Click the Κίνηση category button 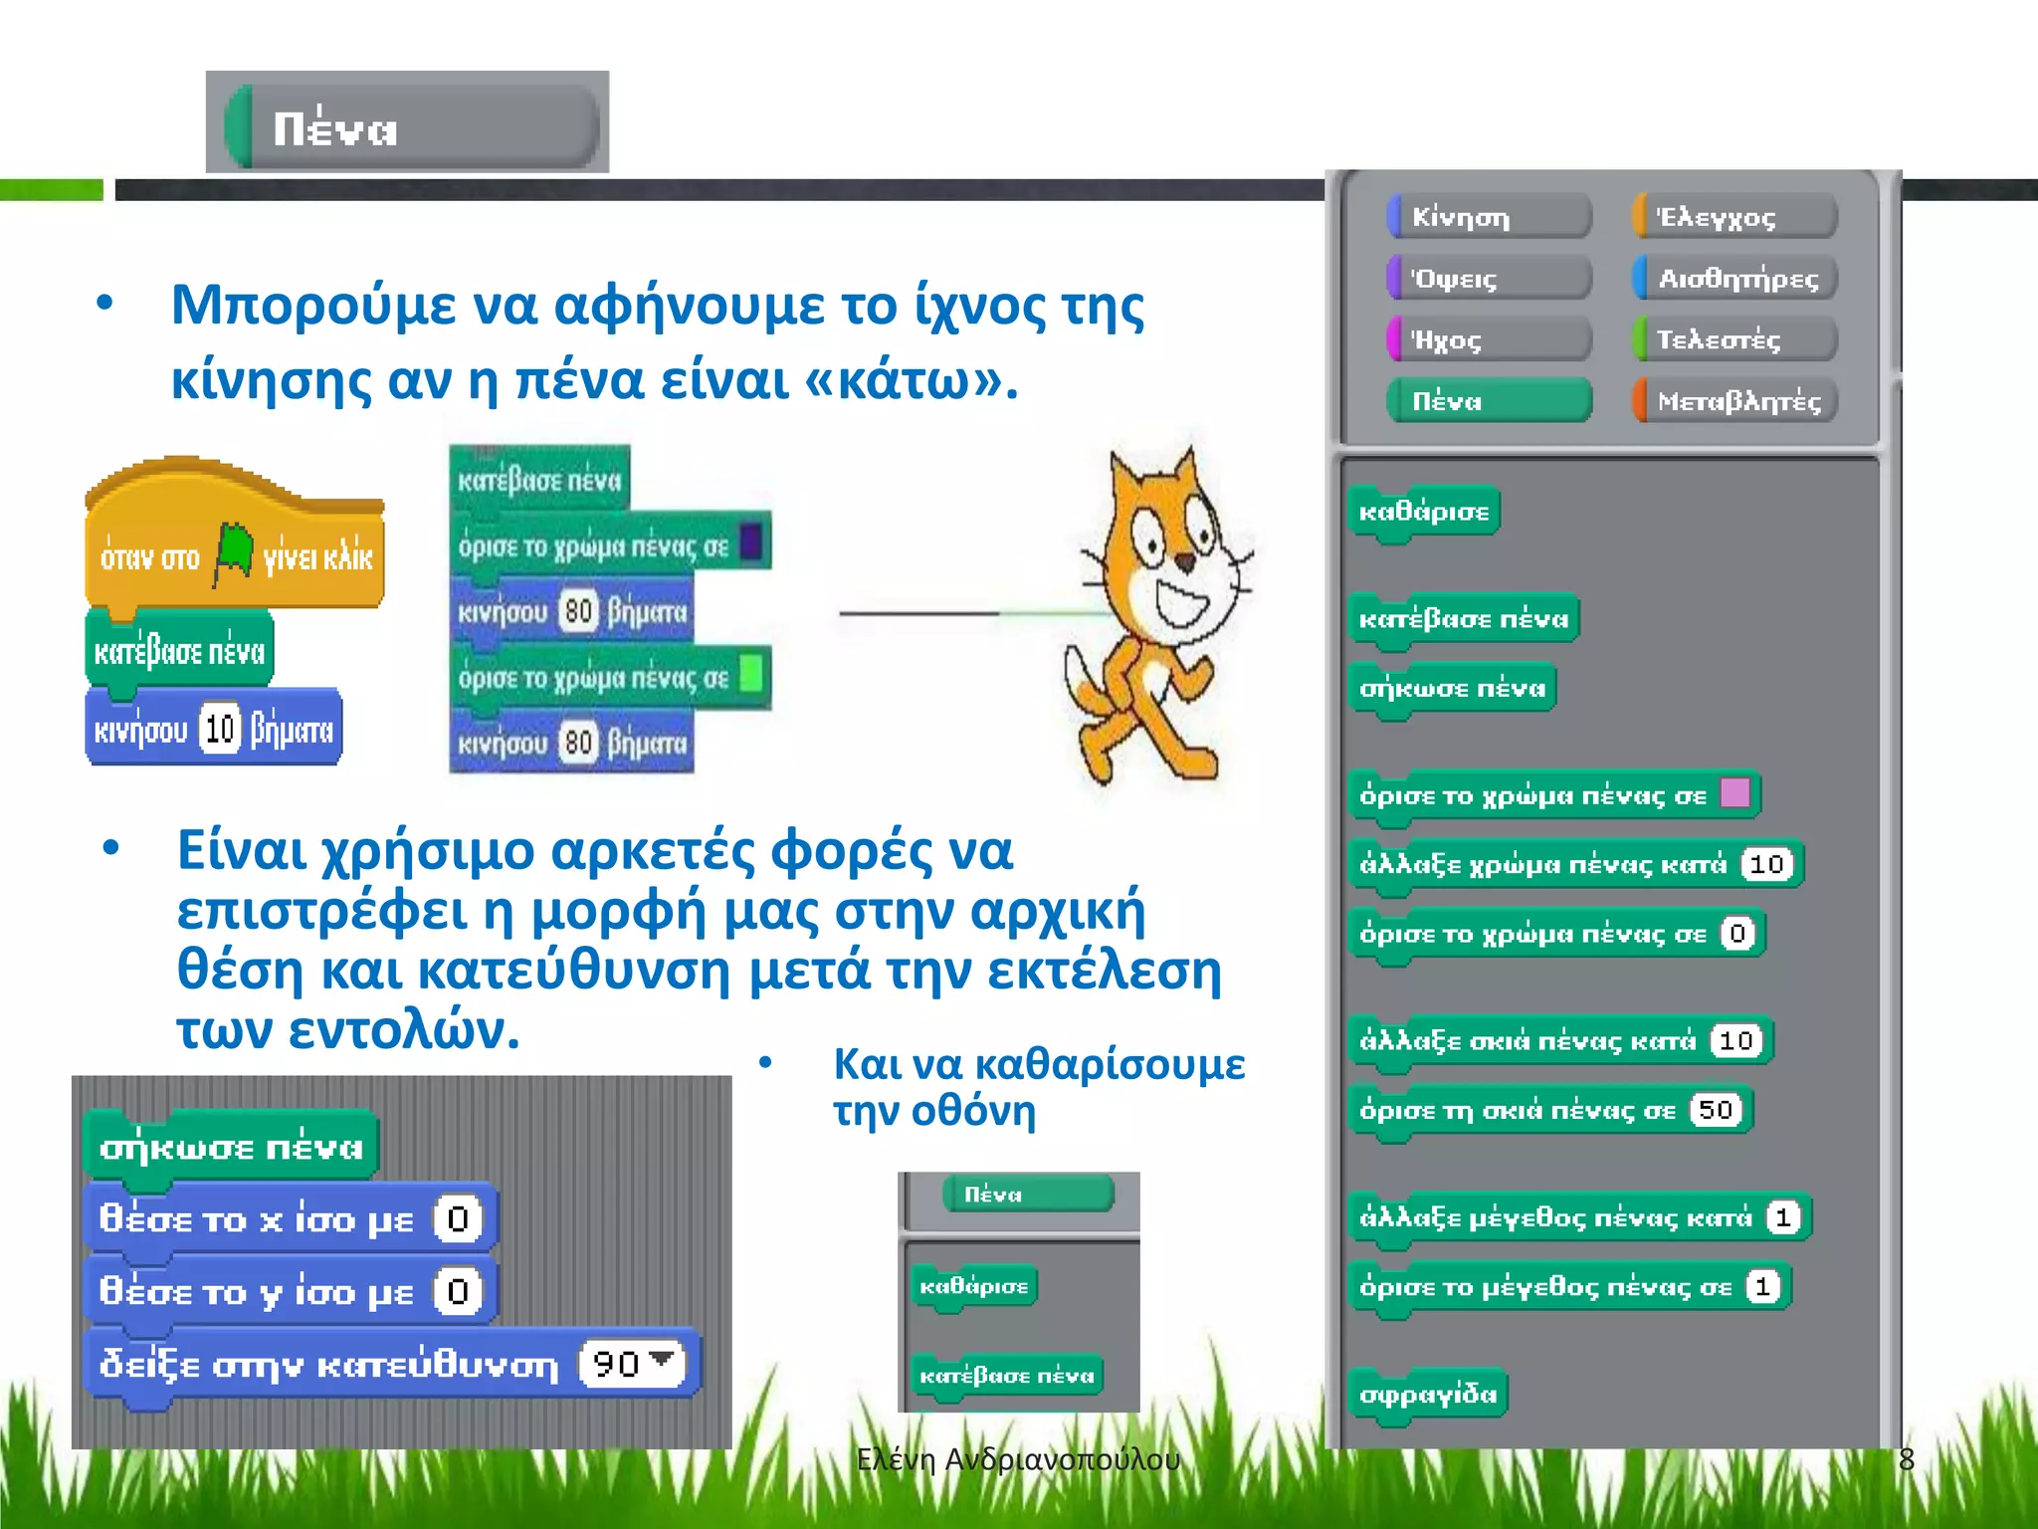click(1489, 216)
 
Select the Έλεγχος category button click(1734, 216)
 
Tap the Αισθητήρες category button click(1734, 278)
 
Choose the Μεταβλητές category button click(1734, 401)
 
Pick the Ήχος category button click(1489, 339)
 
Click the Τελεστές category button click(1734, 339)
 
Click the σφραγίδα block click(1428, 1394)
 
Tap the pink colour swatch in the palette click(1734, 793)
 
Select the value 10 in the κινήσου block click(220, 730)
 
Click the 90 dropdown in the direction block click(632, 1363)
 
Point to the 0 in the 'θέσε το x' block click(458, 1218)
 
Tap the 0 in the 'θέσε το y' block click(458, 1291)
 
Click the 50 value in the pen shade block click(1716, 1109)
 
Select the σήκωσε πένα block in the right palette click(1452, 688)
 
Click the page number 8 click(1906, 1459)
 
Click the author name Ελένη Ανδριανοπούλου click(1018, 1459)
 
